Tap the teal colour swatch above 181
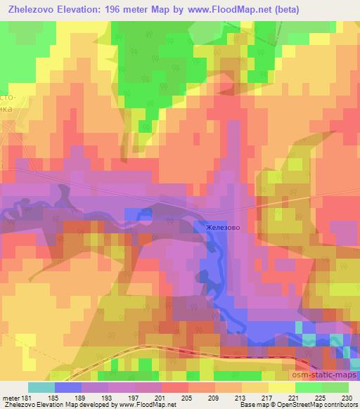point(41,388)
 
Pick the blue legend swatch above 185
point(68,388)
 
